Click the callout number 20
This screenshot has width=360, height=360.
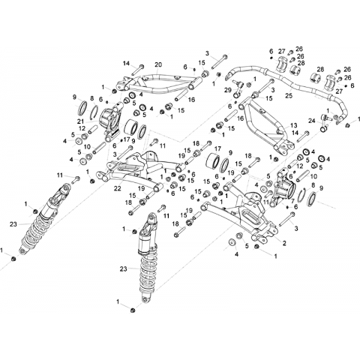point(158,64)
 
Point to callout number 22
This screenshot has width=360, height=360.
point(118,188)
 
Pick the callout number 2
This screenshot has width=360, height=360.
point(284,242)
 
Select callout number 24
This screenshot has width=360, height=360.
point(312,121)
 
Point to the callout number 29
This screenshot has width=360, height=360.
point(228,90)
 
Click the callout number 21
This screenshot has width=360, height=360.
point(80,121)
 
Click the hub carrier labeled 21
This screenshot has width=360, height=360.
point(110,122)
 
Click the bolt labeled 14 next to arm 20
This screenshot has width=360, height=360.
point(137,70)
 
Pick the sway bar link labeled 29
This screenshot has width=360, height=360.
point(237,88)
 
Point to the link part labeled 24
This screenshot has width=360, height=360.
point(324,123)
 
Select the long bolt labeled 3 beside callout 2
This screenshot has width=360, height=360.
point(286,220)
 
